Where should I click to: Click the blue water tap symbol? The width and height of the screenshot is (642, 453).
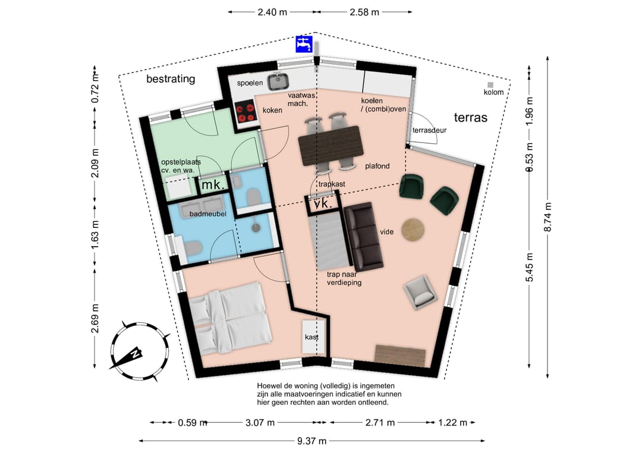point(304,44)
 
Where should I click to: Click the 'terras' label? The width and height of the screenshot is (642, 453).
point(470,118)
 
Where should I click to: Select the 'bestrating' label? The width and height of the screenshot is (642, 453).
point(171,78)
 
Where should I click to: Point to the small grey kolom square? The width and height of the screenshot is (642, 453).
point(490,85)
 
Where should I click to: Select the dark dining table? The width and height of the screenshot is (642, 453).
point(331,145)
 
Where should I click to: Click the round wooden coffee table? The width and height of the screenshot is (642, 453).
point(413,230)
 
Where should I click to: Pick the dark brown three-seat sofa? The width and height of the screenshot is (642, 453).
point(364,237)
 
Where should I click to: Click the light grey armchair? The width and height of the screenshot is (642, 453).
point(420,292)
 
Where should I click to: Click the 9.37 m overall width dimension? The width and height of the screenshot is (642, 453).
point(311,441)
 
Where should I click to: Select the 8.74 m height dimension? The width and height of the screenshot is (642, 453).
point(548,217)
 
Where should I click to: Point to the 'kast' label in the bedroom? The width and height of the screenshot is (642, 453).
point(311,337)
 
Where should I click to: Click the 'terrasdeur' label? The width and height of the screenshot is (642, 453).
point(429,131)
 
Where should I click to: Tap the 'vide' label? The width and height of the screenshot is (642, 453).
point(386,232)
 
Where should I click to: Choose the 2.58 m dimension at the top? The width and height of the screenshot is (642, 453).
point(364,12)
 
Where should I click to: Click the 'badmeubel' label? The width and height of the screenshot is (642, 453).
point(208,214)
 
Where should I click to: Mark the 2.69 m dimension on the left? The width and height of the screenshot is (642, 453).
point(95,318)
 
